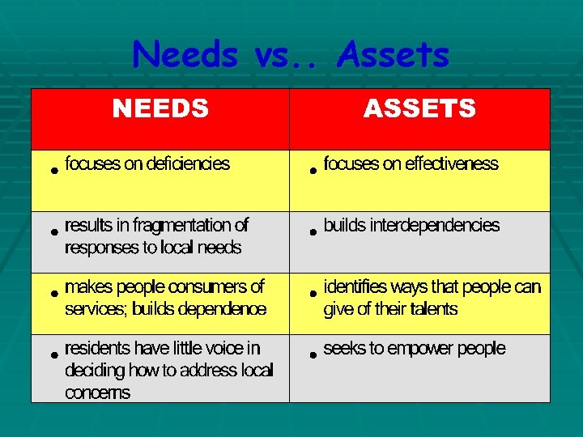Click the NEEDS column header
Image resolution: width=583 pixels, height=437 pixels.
(x=160, y=108)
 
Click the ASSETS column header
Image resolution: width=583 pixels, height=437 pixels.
(x=419, y=108)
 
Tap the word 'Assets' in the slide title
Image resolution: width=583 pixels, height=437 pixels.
(x=394, y=55)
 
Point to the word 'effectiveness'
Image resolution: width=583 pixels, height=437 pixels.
(x=452, y=164)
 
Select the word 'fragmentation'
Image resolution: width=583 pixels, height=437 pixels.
(x=183, y=225)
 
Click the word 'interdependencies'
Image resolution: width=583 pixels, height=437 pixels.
(x=435, y=226)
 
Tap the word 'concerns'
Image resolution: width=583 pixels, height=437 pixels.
(x=97, y=393)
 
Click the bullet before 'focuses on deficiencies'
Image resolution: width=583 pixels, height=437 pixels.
(x=53, y=171)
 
